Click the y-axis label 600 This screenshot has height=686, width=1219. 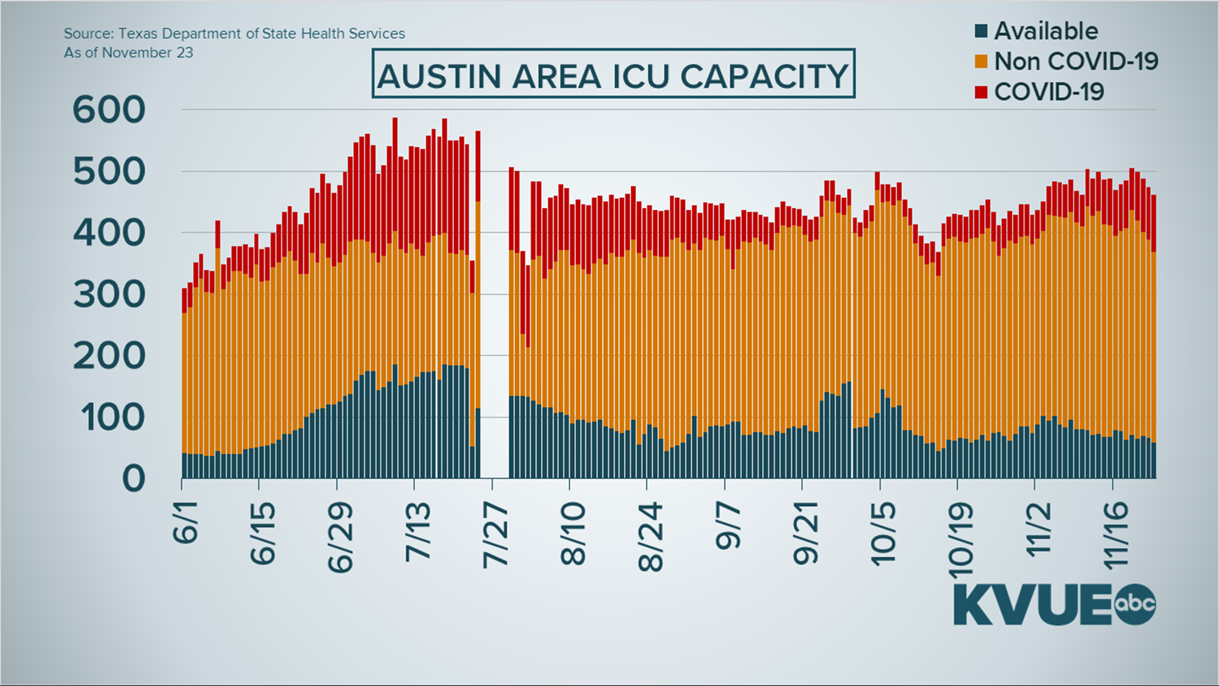(109, 110)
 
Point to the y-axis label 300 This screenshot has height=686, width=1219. (109, 295)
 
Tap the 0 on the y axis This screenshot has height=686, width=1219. (133, 479)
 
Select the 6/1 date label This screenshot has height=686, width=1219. (185, 522)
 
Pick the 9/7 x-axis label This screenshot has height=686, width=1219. (728, 526)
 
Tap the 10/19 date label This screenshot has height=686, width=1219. (961, 541)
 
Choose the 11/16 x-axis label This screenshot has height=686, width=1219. (1116, 535)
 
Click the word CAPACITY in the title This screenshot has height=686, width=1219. (764, 77)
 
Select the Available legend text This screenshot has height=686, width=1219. (1046, 30)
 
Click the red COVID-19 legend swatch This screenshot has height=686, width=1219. (981, 92)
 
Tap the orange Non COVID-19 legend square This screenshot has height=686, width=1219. (981, 62)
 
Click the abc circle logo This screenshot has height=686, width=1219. (1135, 603)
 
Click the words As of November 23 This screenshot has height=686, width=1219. (128, 53)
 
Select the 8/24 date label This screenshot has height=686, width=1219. (651, 537)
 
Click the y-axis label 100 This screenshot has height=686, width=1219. (112, 418)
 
